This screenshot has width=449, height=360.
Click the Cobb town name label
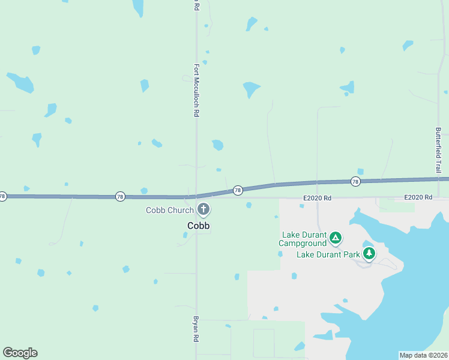[x=198, y=226]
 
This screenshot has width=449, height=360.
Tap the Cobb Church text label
[x=170, y=210]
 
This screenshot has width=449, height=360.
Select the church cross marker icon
[x=204, y=209]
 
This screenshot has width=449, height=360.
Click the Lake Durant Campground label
[x=303, y=239]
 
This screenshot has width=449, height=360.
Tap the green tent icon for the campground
[x=336, y=238]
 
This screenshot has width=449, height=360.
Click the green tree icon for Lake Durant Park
[x=369, y=254]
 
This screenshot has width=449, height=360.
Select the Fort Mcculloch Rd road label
[x=196, y=90]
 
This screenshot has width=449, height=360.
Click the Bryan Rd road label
[x=196, y=329]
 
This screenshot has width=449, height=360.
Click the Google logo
[x=20, y=353]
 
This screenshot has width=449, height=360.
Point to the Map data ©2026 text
[x=423, y=355]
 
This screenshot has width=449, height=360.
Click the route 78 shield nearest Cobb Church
[x=238, y=190]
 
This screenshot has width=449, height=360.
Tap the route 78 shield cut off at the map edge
[x=2, y=196]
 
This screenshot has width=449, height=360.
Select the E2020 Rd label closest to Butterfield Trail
[x=418, y=197]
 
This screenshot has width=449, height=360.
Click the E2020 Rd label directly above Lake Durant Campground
[x=318, y=197]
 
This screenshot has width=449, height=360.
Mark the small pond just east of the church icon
[x=249, y=206]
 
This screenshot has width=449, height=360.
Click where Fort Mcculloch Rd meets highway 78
[x=196, y=196]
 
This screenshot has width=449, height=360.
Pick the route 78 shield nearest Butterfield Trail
[x=355, y=181]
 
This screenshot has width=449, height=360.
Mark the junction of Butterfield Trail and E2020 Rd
[x=439, y=197]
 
